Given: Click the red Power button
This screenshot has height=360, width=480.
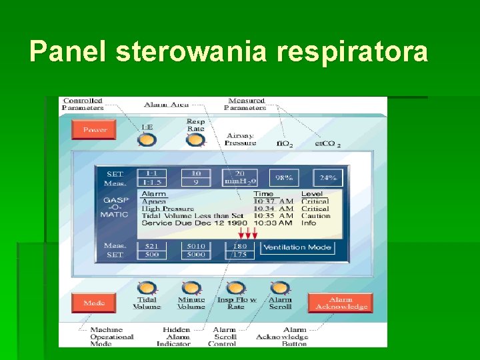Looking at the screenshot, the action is (94, 129).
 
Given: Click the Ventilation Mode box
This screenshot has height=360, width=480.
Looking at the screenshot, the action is (297, 247).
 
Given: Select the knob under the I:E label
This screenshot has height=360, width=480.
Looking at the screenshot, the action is (147, 140).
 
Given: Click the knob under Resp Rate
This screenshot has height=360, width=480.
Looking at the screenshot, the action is (195, 140).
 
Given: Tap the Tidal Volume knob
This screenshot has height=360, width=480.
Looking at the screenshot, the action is (147, 289).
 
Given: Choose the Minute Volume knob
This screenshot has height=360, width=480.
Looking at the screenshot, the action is (191, 289).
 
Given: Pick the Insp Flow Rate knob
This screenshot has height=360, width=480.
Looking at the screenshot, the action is (236, 289).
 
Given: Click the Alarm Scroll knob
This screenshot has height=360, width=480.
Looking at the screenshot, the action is (280, 289).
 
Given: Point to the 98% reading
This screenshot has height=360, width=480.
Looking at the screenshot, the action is (284, 178).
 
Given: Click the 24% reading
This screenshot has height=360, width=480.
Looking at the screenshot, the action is (328, 178).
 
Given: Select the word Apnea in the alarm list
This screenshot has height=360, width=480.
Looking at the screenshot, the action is (154, 201).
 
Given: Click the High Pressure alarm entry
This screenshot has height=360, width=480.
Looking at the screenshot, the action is (169, 208).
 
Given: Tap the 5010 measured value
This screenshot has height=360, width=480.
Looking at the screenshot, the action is (195, 247).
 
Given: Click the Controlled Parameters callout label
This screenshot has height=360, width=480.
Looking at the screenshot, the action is (83, 104).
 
